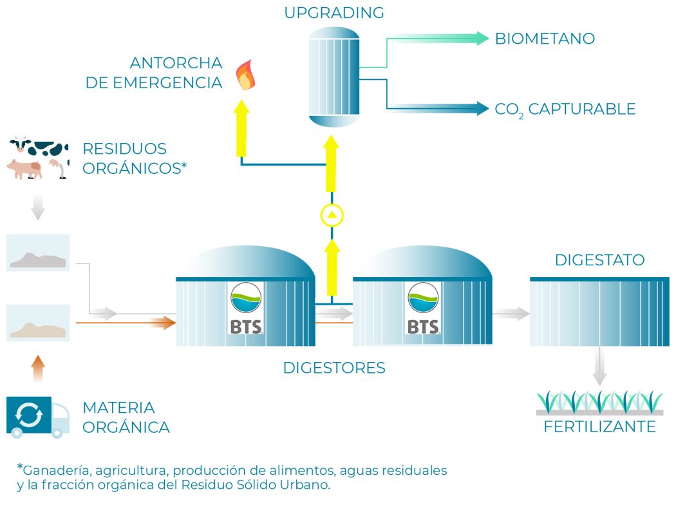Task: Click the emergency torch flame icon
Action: [245, 75]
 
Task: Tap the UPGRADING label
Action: [334, 12]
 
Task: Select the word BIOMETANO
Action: [545, 39]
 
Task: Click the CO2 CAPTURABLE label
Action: [565, 110]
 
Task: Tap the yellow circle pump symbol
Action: [332, 215]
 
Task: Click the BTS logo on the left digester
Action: [246, 309]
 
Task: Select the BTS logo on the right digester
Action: [423, 309]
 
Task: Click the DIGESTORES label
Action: [334, 368]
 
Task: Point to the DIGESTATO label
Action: [599, 260]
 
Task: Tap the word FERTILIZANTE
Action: [599, 426]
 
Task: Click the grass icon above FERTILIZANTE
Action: [599, 403]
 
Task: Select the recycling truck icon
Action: [38, 417]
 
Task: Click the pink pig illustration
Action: [25, 169]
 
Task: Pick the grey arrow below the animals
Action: [38, 207]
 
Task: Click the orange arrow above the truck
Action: [38, 368]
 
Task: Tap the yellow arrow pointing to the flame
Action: [241, 128]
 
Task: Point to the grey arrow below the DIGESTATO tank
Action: [599, 366]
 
